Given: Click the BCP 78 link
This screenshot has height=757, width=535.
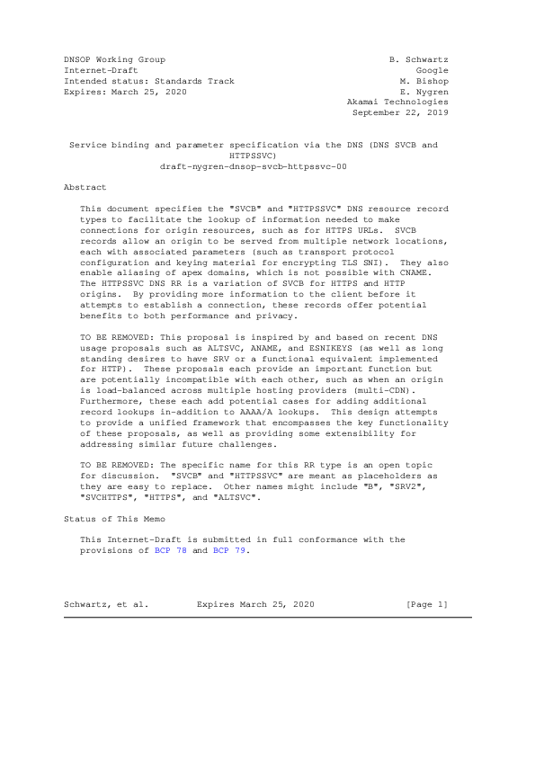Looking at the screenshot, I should pos(170,550).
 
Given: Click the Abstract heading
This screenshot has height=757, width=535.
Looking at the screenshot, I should pos(85,187).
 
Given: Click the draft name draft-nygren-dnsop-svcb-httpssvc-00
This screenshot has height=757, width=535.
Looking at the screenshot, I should pos(253,166).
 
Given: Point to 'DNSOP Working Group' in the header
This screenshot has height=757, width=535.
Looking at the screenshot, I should pos(114,59).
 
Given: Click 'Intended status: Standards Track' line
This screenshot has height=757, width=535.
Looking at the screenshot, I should pos(148,81).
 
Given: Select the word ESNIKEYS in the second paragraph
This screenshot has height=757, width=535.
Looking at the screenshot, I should pos(333,372).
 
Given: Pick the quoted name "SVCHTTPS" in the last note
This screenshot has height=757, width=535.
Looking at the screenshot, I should pos(106,497).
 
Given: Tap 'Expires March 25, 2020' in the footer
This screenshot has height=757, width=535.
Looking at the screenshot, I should pos(255,604).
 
